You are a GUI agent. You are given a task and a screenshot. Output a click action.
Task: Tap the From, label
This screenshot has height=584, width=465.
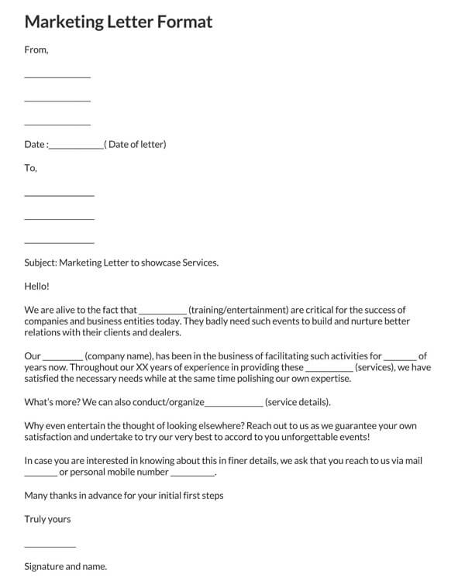36,50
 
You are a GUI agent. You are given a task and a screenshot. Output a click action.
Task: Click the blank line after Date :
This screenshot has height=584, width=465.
75,146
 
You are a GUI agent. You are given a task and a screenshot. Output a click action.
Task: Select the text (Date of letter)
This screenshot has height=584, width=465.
136,144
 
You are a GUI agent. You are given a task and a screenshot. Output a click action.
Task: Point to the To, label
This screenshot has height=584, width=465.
31,168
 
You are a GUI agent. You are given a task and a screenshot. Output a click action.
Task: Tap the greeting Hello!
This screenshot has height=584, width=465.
37,286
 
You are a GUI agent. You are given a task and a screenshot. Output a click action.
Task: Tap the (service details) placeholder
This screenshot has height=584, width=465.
298,402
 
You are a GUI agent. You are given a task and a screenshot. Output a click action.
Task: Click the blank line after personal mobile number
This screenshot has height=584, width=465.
192,473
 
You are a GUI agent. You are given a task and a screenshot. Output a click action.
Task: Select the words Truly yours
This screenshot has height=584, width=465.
48,519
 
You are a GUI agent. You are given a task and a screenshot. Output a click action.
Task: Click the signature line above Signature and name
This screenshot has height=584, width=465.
50,547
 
